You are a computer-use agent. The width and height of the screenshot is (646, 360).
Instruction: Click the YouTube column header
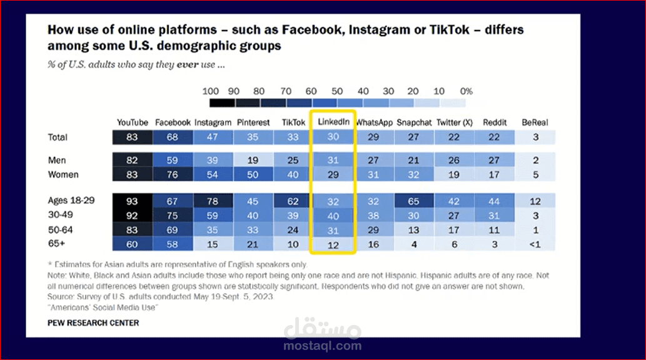click(133, 122)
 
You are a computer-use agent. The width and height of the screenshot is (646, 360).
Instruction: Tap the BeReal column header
click(535, 122)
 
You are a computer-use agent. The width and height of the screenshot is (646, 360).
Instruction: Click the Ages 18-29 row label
click(71, 201)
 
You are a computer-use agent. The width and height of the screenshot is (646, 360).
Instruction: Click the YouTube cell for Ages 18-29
click(133, 201)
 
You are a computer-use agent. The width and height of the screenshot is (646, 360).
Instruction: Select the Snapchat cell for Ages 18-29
click(413, 201)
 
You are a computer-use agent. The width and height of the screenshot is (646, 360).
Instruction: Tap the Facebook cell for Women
click(173, 175)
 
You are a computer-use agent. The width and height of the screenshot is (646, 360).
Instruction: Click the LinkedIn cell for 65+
click(333, 245)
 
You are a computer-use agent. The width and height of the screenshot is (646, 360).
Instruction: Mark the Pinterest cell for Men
click(253, 161)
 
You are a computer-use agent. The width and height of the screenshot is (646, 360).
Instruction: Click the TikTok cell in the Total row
click(293, 137)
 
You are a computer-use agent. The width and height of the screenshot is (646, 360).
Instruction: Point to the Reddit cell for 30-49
click(495, 216)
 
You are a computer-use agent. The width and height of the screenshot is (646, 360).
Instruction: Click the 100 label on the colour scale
click(211, 91)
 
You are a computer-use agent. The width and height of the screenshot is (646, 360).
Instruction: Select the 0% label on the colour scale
click(467, 91)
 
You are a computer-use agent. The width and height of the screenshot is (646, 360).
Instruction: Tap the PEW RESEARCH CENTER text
click(93, 322)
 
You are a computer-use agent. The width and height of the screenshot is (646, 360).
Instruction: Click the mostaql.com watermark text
click(323, 346)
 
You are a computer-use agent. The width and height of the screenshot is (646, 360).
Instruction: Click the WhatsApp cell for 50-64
click(373, 230)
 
